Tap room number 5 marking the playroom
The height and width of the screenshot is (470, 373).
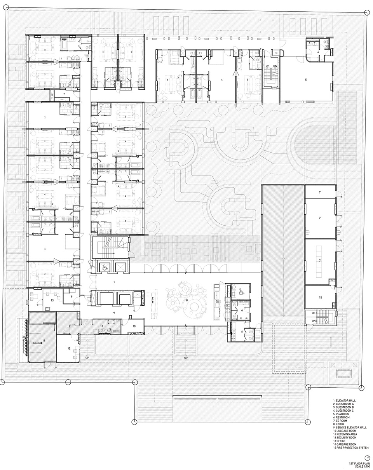pyautogui.click(x=306, y=80)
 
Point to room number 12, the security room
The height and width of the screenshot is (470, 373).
pyautogui.click(x=69, y=348)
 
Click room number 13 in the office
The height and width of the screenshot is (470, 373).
pyautogui.click(x=52, y=300)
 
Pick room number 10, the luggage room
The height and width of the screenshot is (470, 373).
pyautogui.click(x=134, y=326)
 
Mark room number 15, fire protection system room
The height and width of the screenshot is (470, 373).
pyautogui.click(x=320, y=298)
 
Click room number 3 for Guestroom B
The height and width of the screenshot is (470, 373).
pyautogui.click(x=45, y=50)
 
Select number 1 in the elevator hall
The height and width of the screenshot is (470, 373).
pyautogui.click(x=114, y=281)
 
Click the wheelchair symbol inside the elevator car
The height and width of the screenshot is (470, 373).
pyautogui.click(x=104, y=267)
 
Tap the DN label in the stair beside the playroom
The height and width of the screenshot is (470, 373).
pyautogui.click(x=275, y=66)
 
